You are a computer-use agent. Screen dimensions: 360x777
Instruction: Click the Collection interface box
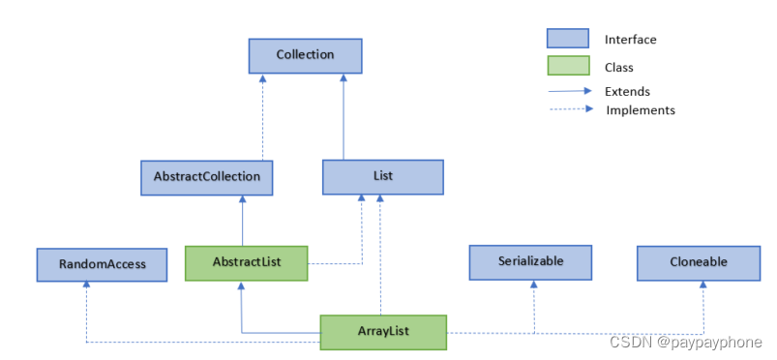[305, 56]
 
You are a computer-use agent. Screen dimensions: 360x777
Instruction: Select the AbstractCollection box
[207, 177]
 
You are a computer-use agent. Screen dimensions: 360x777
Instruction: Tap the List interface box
[382, 177]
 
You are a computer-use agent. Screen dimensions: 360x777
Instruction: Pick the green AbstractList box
[246, 262]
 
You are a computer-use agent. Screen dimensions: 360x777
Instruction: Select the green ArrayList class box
[383, 332]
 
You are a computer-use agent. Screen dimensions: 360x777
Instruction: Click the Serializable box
[529, 261]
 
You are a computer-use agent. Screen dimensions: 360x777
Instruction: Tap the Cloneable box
[698, 262]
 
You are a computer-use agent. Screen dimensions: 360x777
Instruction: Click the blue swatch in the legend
[568, 39]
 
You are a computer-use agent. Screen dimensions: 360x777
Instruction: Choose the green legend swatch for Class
[568, 67]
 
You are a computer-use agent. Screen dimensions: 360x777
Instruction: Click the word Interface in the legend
[630, 40]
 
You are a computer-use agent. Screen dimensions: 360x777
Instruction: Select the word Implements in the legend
[640, 110]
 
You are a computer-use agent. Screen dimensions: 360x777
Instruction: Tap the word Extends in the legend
[627, 92]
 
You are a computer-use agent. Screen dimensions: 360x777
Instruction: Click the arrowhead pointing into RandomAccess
[87, 285]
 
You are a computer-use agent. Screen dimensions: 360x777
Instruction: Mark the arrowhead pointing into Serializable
[533, 285]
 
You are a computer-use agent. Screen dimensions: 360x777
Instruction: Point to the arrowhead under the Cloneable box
[703, 285]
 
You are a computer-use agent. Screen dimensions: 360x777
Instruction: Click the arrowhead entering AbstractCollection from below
[242, 199]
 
